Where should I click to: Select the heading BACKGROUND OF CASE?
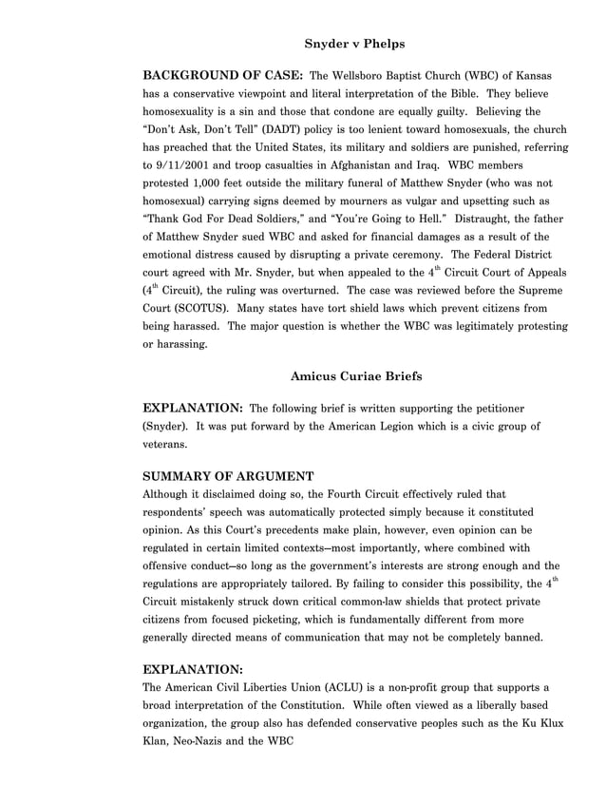(222, 75)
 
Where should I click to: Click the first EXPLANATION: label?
(191, 409)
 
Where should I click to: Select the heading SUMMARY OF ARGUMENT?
(228, 476)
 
